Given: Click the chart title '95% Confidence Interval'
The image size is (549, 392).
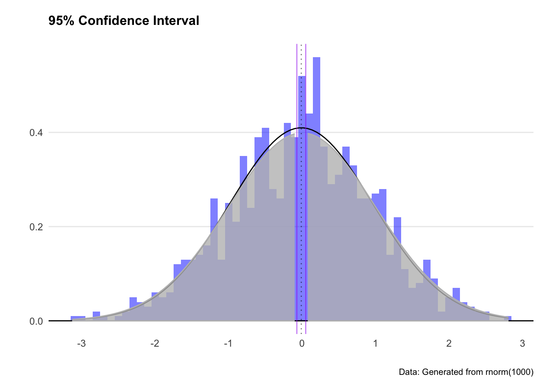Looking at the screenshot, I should [x=124, y=20].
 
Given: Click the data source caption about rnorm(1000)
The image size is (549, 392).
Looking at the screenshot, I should [x=466, y=372].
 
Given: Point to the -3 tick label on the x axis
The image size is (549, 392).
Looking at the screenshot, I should [x=81, y=343].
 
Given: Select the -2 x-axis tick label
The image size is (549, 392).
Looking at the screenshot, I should [x=154, y=343].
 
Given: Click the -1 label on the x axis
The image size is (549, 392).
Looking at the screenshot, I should [x=228, y=343].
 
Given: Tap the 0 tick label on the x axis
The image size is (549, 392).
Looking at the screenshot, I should [x=302, y=343].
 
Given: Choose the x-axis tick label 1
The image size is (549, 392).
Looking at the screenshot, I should [x=375, y=343].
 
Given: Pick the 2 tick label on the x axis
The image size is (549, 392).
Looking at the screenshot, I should [x=449, y=343].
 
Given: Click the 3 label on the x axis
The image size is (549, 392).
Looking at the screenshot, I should [x=522, y=343].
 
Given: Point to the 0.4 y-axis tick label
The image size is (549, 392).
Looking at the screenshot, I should [x=36, y=133].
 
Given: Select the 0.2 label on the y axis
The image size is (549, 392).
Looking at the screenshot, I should [x=36, y=227].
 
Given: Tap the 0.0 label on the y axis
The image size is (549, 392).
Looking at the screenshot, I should [x=36, y=321].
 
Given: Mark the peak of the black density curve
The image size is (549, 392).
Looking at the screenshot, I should [x=301, y=128].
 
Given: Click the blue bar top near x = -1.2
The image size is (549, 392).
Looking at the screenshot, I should [x=214, y=200].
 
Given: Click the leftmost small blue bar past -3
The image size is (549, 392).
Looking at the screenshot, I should [x=78, y=317].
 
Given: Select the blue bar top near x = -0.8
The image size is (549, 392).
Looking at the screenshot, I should [x=243, y=157].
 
